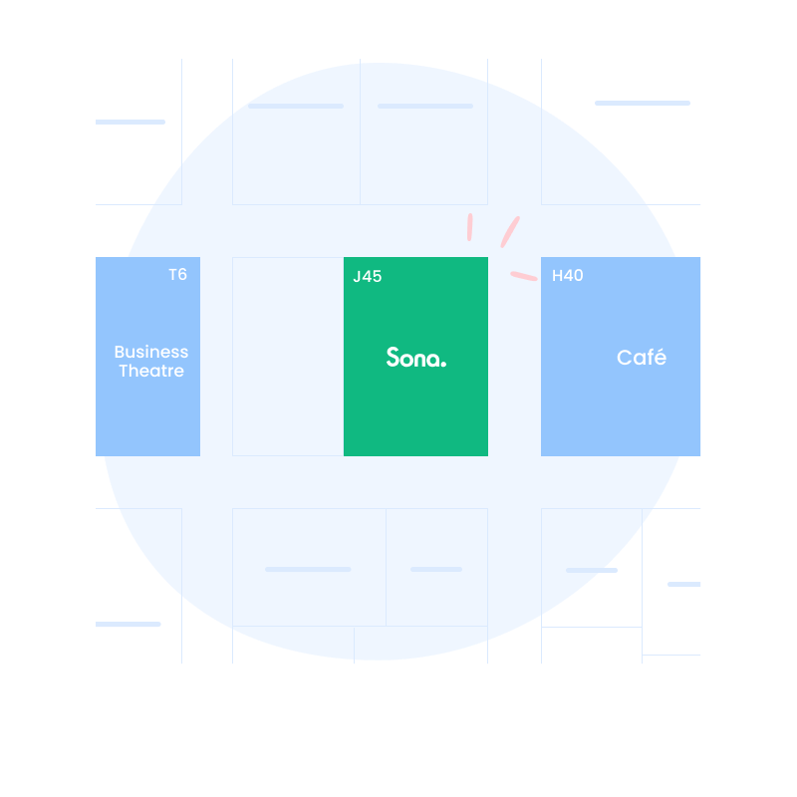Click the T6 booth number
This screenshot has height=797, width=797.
[177, 275]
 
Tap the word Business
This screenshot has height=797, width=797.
[150, 352]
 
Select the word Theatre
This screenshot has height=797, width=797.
[150, 372]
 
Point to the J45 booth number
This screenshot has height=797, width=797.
[367, 277]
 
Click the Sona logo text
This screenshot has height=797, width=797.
[415, 358]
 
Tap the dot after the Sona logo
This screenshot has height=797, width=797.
[443, 364]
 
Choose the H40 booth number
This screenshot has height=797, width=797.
[567, 276]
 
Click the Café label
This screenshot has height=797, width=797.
[641, 358]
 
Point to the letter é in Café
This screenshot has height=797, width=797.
[659, 358]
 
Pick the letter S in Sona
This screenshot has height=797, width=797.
[394, 357]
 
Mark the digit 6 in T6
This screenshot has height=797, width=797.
[182, 275]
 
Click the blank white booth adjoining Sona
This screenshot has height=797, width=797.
[288, 357]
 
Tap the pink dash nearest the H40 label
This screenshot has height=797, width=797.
[524, 276]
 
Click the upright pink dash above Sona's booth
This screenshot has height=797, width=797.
[469, 227]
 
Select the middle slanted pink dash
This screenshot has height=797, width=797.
[510, 232]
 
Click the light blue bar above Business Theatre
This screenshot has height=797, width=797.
[131, 122]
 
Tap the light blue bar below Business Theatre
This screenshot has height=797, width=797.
[129, 625]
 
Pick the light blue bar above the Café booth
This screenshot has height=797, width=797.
[643, 103]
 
